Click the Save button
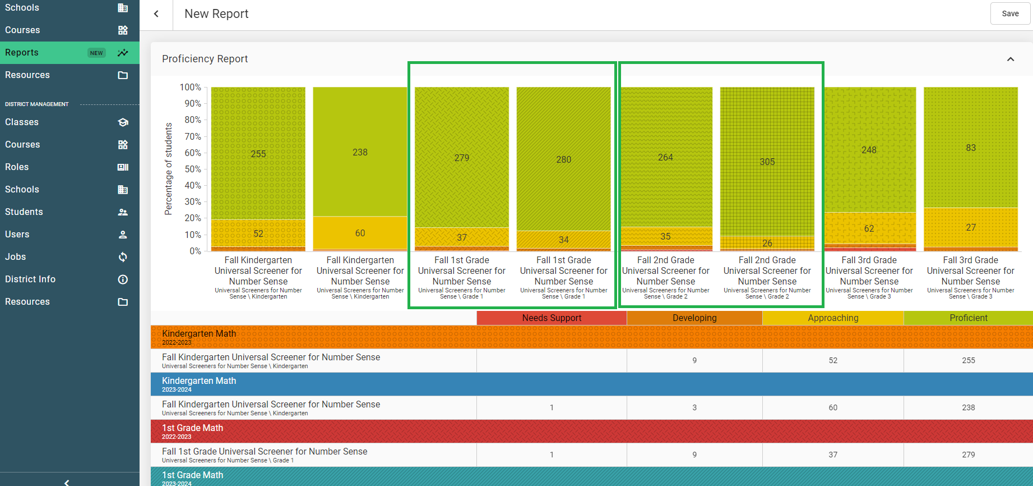[1010, 13]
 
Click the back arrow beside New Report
[156, 14]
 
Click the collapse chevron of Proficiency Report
[1011, 59]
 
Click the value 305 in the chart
[767, 162]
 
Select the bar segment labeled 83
[970, 148]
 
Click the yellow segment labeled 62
[869, 228]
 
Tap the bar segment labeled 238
[360, 152]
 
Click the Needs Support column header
[552, 318]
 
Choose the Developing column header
[694, 318]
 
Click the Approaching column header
[833, 318]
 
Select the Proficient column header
[968, 318]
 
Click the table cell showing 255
[968, 360]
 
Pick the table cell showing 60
[833, 407]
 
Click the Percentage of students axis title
[168, 169]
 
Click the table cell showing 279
[968, 455]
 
